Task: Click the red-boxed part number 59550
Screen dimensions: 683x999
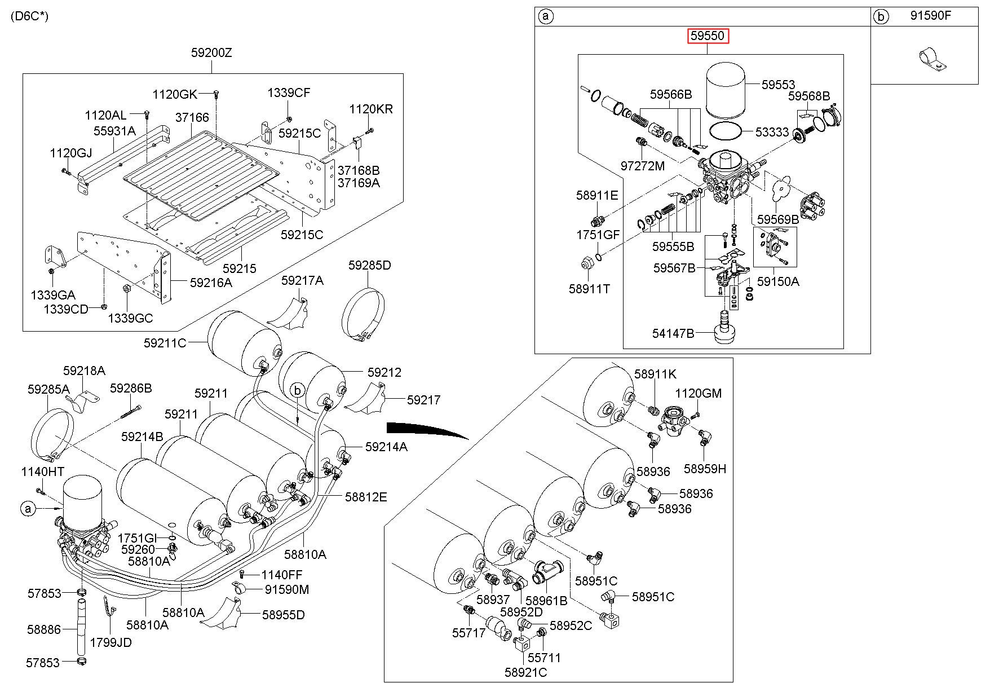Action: (x=708, y=37)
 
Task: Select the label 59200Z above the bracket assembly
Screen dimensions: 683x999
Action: (x=211, y=53)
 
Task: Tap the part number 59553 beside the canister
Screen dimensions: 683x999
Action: (x=778, y=85)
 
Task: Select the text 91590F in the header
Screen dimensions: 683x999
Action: (x=931, y=16)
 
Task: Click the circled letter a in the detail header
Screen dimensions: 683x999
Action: (x=545, y=16)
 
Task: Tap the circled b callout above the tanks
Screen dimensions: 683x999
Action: (x=298, y=389)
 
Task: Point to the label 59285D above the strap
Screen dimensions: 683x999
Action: (x=369, y=265)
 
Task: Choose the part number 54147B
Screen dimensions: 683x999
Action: (x=673, y=333)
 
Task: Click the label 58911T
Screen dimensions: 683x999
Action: (x=589, y=289)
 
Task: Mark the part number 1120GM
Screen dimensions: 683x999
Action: (x=699, y=393)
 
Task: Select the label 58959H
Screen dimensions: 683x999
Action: (x=705, y=469)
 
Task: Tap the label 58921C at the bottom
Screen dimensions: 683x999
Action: (x=525, y=672)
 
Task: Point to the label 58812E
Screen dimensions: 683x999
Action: (x=366, y=497)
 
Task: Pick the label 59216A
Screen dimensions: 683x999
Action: (x=211, y=283)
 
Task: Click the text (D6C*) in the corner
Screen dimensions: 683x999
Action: (x=30, y=16)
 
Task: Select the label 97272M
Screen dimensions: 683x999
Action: (x=643, y=165)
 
